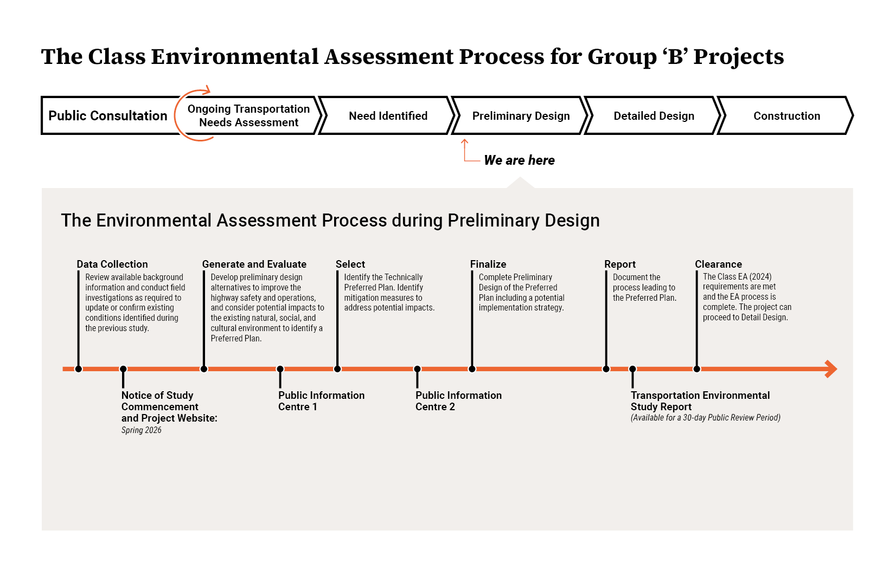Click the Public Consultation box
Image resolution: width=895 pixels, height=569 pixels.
[108, 115]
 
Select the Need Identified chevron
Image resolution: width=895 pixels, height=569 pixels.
[388, 115]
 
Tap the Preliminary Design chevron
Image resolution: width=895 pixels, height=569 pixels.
[521, 115]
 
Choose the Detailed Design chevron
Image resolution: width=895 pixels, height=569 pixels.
[654, 115]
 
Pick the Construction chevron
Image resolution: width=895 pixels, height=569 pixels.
[787, 115]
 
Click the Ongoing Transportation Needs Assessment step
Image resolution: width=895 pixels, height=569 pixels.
[248, 115]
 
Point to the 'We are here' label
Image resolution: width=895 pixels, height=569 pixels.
[519, 160]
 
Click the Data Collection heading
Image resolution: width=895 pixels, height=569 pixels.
[112, 264]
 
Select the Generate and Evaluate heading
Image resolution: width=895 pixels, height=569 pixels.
[254, 264]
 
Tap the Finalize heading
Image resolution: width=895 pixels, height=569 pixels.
[488, 264]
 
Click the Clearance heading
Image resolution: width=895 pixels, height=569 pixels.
[718, 264]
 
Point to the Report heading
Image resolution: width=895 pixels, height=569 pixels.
[620, 264]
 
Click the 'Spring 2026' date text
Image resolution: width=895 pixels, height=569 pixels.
[142, 430]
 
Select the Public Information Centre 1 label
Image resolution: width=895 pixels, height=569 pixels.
[321, 401]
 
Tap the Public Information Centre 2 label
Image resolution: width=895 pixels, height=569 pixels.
[458, 401]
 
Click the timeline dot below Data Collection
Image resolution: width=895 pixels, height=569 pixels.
[79, 369]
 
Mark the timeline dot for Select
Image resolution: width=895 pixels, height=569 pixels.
[337, 369]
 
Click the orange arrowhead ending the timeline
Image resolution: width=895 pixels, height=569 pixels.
[831, 369]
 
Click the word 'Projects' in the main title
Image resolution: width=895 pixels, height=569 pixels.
[739, 57]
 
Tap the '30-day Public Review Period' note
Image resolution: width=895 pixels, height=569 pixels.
[705, 417]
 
